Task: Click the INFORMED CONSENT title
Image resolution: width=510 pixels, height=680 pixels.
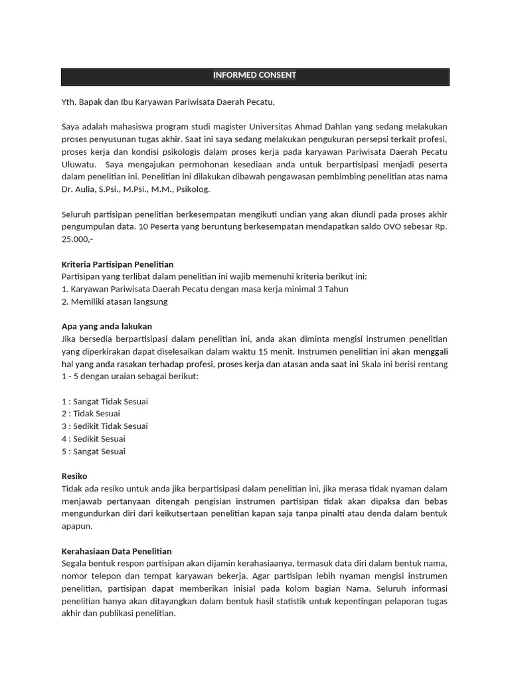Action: [x=254, y=75]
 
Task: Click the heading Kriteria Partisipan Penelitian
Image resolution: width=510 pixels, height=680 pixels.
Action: [x=117, y=264]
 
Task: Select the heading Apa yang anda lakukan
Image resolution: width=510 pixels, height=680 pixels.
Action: [x=106, y=326]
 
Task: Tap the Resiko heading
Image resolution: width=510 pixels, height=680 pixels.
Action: [x=74, y=476]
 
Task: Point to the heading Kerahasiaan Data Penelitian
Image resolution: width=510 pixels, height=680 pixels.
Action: [x=116, y=551]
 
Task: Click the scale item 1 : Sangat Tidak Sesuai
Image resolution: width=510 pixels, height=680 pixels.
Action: [x=104, y=401]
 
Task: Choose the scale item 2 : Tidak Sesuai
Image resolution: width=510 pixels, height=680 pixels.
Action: [x=90, y=414]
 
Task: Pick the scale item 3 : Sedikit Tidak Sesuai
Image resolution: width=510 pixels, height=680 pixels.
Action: [x=104, y=426]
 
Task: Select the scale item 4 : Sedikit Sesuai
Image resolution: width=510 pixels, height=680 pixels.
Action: [x=93, y=439]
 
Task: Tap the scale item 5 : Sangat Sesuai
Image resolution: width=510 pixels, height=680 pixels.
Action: [x=93, y=452]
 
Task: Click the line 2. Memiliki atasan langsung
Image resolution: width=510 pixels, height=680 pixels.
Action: [x=114, y=301]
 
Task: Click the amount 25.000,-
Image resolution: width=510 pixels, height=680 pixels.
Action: [x=77, y=239]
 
